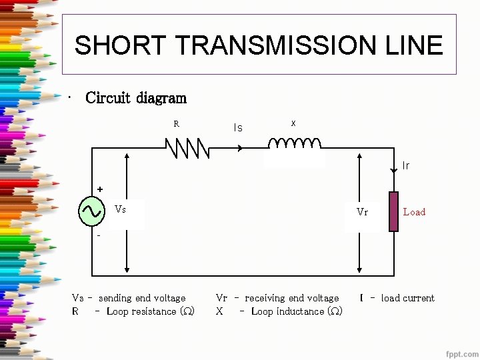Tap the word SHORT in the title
tap(120, 45)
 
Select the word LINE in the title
tap(414, 45)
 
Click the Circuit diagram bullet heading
tap(136, 98)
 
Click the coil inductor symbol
tap(294, 143)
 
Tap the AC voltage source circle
tap(91, 211)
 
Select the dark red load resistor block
tap(393, 211)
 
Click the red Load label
tap(414, 212)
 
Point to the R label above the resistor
tap(177, 124)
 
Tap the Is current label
tap(238, 127)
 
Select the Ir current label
tap(406, 166)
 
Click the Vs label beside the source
tap(121, 209)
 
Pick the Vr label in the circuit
tap(362, 212)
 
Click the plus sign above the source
tap(100, 189)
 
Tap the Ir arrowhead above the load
tap(393, 171)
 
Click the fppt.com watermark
tap(462, 353)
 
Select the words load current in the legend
tap(407, 298)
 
